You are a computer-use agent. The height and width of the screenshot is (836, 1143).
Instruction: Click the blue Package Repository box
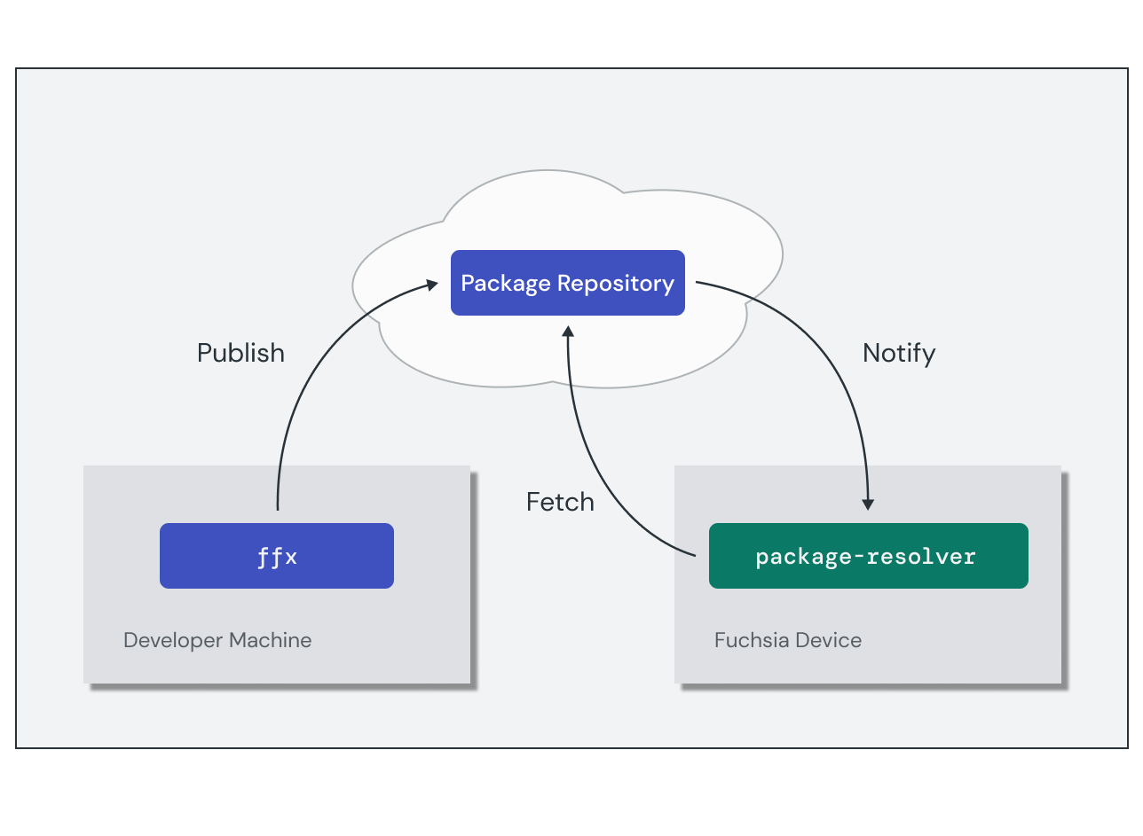(567, 283)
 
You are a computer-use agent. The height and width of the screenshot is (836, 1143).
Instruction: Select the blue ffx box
(276, 556)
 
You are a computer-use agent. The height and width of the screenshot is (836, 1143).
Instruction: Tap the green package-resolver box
(867, 556)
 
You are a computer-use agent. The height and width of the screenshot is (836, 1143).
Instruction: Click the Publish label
(240, 353)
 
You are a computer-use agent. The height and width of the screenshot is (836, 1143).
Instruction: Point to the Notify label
(898, 353)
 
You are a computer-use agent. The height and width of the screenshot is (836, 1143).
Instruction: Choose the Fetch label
(560, 502)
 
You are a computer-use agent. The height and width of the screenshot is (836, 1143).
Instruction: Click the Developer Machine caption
(217, 640)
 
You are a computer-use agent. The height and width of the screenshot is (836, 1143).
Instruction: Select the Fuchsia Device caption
(787, 640)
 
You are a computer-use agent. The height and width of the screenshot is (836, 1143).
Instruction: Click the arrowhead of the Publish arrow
(433, 285)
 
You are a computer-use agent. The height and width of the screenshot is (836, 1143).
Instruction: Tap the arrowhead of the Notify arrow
(868, 504)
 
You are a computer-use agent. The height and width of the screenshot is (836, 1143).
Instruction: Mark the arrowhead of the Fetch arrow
(568, 331)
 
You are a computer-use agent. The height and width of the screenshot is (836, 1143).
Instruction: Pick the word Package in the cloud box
(506, 284)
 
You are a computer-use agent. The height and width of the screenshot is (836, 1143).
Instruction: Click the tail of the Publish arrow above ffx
(278, 508)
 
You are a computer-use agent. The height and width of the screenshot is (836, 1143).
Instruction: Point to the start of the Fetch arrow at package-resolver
(694, 555)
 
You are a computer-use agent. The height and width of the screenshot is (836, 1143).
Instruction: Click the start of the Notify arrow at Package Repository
(698, 284)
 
